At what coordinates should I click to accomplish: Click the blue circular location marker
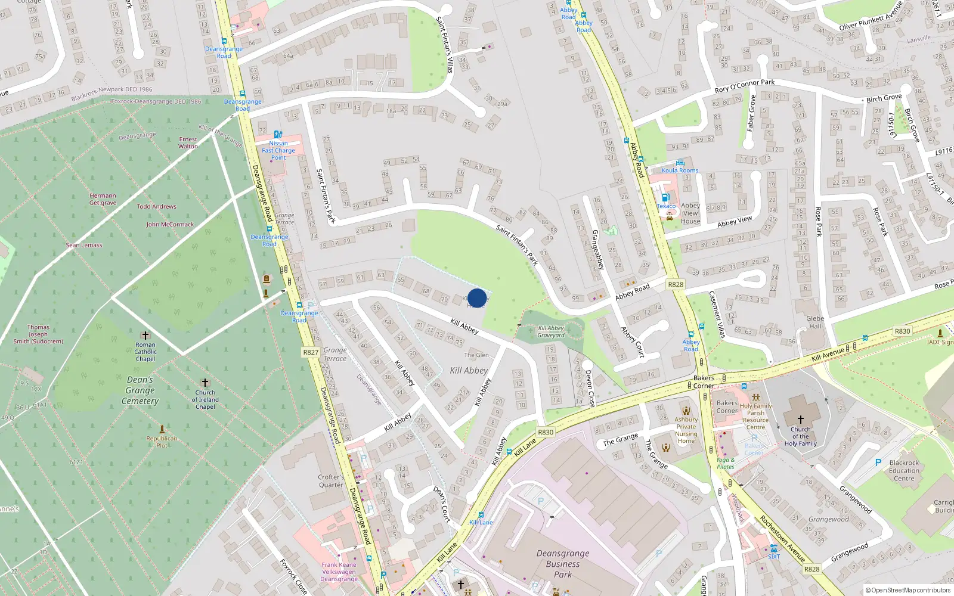point(477,298)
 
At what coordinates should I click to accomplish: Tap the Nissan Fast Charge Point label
point(278,150)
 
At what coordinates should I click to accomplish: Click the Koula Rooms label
point(680,170)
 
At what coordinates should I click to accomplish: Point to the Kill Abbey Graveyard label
point(551,331)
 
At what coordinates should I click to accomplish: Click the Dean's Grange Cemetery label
point(140,390)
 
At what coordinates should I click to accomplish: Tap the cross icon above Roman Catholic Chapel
point(145,336)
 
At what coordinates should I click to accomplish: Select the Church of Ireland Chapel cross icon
point(205,383)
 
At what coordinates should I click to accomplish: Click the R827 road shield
point(311,352)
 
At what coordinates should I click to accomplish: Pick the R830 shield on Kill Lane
point(546,432)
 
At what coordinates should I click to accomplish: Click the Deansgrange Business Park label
point(563,564)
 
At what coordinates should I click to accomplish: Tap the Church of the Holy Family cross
point(800,420)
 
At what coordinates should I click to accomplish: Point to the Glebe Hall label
point(815,322)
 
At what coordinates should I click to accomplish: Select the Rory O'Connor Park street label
point(745,86)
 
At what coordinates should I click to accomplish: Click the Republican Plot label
point(162,442)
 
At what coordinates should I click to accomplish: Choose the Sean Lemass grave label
point(84,245)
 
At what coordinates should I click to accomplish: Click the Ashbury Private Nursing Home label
point(686,430)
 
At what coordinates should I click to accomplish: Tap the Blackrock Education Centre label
point(904,470)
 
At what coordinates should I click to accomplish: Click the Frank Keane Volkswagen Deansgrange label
point(339,572)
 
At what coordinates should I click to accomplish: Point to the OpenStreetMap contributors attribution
point(907,590)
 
